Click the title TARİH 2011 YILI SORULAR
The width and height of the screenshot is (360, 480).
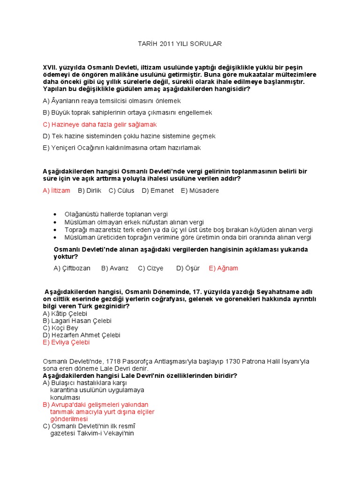(180, 44)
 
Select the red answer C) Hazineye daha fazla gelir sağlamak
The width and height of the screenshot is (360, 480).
(99, 124)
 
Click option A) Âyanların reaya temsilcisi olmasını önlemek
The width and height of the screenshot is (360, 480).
(112, 101)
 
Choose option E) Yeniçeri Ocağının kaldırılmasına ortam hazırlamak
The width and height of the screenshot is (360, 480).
(121, 148)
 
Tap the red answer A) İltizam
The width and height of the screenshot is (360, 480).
(56, 190)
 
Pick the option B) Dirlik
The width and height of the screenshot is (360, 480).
(90, 190)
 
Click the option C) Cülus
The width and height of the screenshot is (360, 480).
(121, 190)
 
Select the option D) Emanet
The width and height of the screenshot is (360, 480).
(157, 190)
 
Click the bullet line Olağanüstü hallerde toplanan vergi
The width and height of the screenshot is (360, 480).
(116, 214)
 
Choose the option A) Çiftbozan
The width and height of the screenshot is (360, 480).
(72, 268)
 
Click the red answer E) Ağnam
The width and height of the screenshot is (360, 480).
(224, 268)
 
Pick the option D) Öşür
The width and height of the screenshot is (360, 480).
(188, 268)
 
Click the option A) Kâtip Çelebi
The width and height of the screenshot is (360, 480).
(65, 313)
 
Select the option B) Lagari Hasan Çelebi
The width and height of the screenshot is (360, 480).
(77, 321)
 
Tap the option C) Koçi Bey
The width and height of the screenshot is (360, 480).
(60, 328)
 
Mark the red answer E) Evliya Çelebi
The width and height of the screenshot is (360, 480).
(66, 342)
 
